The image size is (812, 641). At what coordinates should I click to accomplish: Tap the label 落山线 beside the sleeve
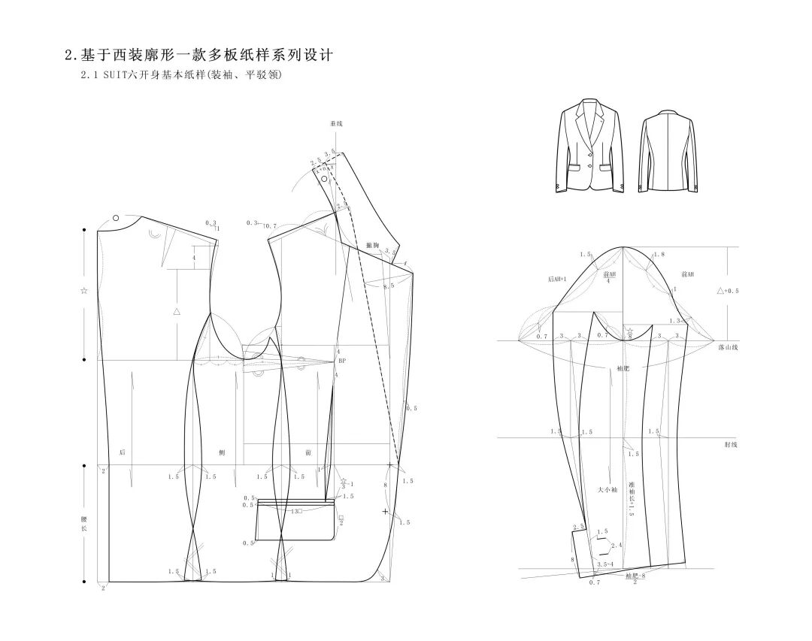point(728,347)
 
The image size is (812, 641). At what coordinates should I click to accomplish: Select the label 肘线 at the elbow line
point(730,445)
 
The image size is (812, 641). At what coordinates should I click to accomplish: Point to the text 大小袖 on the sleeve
point(607,490)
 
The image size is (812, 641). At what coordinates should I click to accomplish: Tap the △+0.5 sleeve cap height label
point(727,291)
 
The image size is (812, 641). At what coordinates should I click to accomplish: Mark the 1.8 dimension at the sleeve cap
point(659,255)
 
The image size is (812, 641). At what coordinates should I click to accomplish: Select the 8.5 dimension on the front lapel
point(388,286)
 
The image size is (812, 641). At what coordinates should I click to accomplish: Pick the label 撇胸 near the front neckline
point(371,245)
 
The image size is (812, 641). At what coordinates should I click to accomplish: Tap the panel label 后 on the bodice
point(122,452)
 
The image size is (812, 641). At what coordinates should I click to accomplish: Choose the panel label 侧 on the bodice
point(221,452)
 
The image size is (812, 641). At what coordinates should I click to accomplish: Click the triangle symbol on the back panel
point(177,310)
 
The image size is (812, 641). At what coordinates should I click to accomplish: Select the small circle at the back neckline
point(116,218)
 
